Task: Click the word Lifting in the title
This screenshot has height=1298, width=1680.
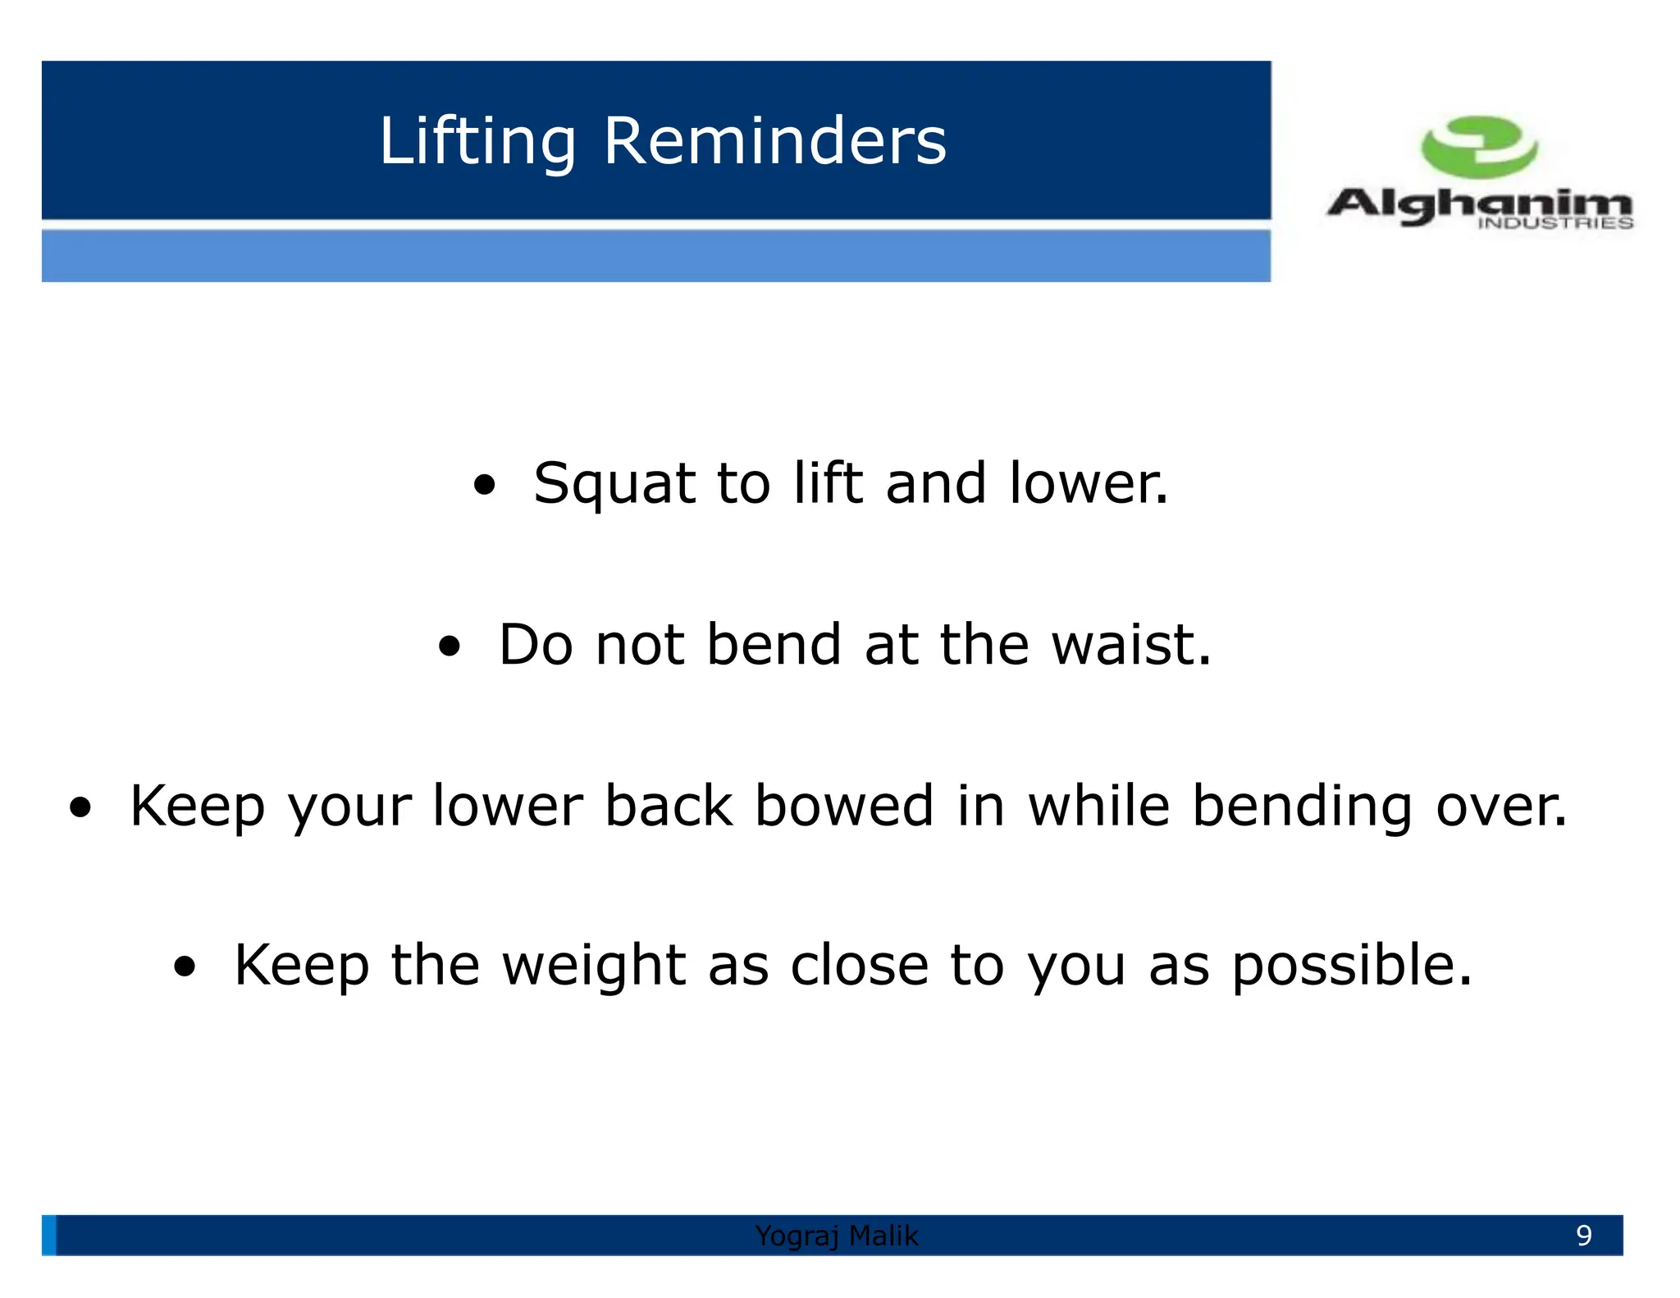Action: [477, 141]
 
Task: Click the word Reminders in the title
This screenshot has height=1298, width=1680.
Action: [774, 141]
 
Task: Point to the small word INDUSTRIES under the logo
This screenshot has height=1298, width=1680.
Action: [1554, 223]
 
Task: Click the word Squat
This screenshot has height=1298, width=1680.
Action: [614, 484]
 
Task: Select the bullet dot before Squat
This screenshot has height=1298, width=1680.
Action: [485, 485]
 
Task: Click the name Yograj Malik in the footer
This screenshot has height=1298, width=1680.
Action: [836, 1235]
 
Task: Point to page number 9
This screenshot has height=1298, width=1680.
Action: [1583, 1235]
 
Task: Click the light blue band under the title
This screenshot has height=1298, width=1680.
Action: [656, 256]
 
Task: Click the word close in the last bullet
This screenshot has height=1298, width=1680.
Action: [859, 965]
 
